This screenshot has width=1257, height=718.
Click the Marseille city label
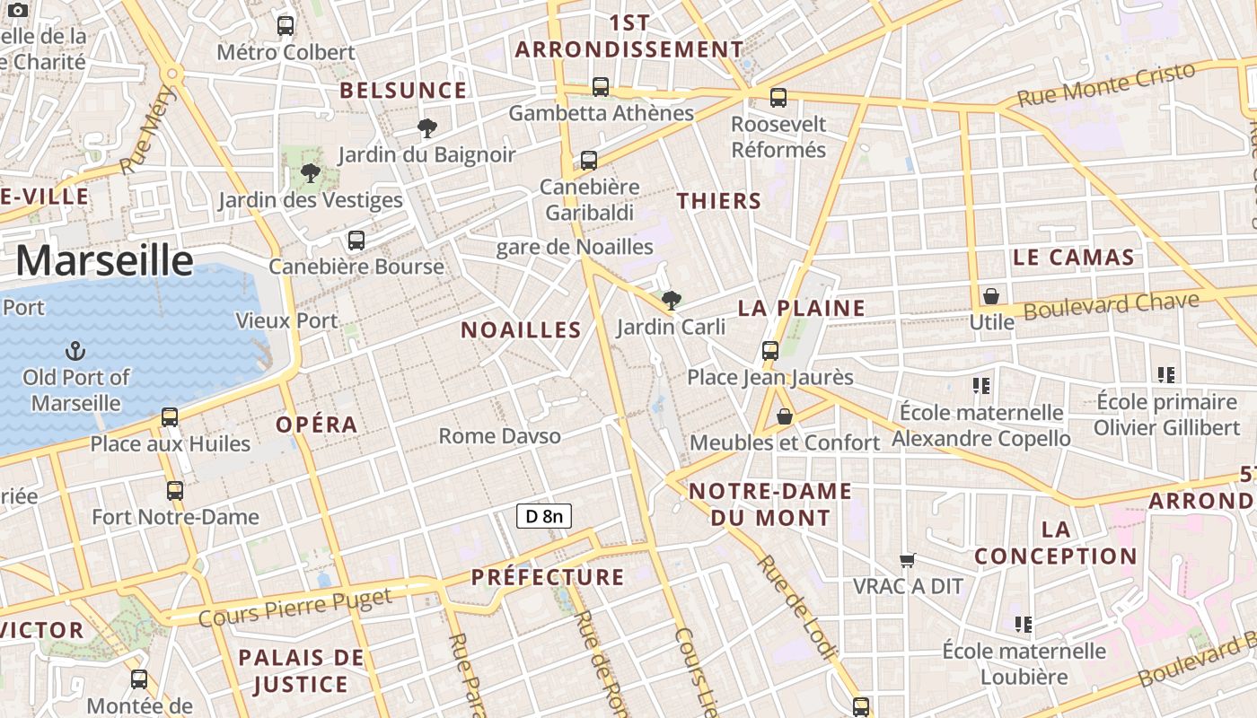(x=104, y=260)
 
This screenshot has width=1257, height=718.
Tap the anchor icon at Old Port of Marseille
(x=76, y=351)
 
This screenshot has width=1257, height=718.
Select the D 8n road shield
(x=544, y=516)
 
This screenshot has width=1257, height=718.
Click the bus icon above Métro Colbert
(x=286, y=26)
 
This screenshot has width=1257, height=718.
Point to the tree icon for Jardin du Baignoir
(x=427, y=128)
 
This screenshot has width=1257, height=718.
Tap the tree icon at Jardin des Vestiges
(x=311, y=173)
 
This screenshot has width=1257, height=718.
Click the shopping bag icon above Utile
(x=991, y=296)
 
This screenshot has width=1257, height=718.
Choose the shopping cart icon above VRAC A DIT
(x=908, y=560)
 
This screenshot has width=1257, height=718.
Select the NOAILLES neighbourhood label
(x=522, y=329)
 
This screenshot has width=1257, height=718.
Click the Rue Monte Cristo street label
(x=1106, y=84)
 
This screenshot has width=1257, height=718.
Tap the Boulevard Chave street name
(x=1112, y=305)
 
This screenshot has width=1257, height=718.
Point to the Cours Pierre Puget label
(x=294, y=607)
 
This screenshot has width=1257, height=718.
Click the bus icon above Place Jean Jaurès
(x=769, y=351)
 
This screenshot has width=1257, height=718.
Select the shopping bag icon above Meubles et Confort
(x=785, y=416)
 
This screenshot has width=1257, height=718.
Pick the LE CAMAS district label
(x=1074, y=258)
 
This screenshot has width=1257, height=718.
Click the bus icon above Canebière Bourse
(x=356, y=241)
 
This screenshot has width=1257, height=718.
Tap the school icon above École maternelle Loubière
(x=1023, y=624)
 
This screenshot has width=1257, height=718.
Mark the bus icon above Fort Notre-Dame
(x=175, y=491)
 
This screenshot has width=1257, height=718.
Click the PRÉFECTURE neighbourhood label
(x=548, y=576)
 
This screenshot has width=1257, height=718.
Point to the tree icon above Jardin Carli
(x=671, y=301)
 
